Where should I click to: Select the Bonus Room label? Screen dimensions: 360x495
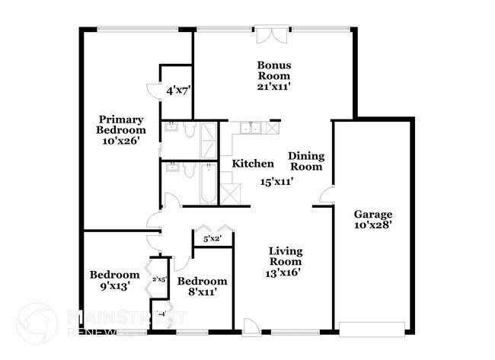(273, 71)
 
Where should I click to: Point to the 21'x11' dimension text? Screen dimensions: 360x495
(273, 87)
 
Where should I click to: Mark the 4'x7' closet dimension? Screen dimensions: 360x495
(178, 90)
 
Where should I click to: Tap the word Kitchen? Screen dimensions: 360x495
(253, 164)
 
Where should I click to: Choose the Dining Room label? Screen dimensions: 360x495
(306, 161)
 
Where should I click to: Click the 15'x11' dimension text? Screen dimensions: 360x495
(276, 182)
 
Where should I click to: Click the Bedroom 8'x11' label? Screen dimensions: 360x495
(202, 286)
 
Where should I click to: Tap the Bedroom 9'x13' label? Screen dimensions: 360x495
(114, 280)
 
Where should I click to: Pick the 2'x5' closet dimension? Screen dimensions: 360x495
(159, 279)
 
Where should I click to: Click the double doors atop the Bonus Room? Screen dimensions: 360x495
(272, 36)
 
